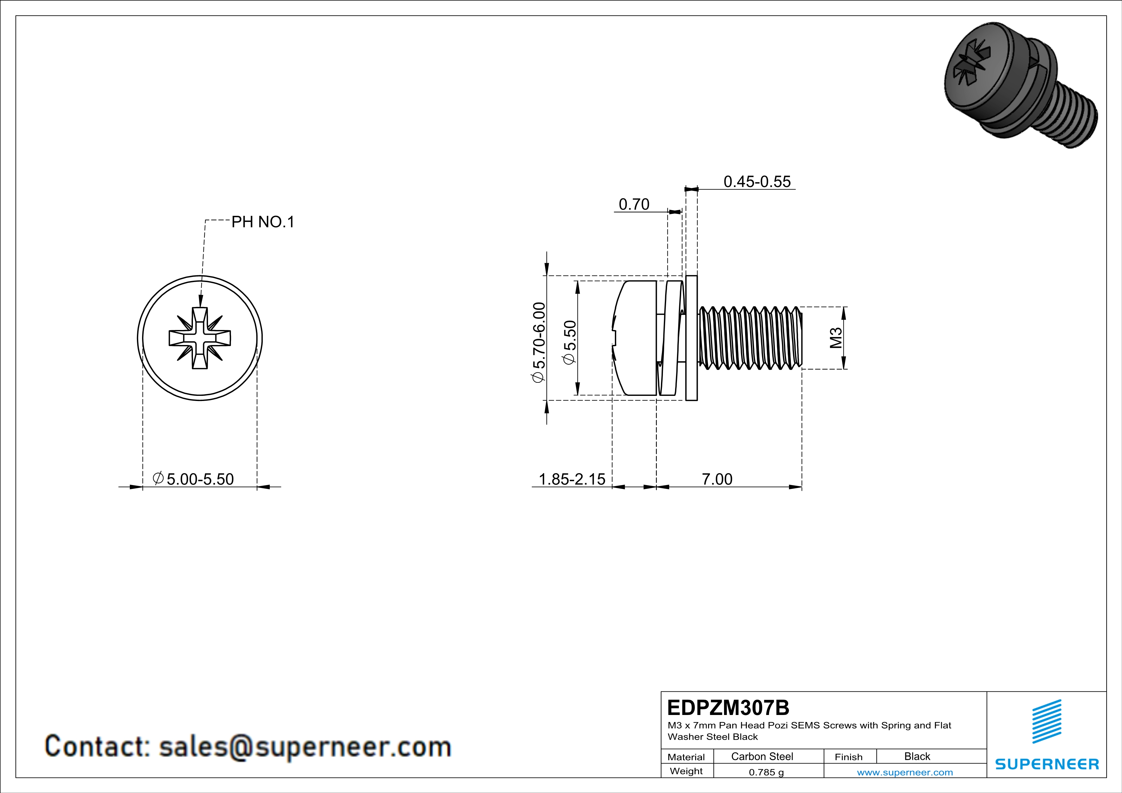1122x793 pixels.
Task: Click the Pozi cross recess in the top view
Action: click(200, 338)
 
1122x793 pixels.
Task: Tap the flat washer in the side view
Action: click(691, 338)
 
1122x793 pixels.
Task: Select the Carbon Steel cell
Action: click(762, 756)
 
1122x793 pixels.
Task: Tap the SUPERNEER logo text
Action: click(1047, 764)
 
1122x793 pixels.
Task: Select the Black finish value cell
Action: click(917, 756)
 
